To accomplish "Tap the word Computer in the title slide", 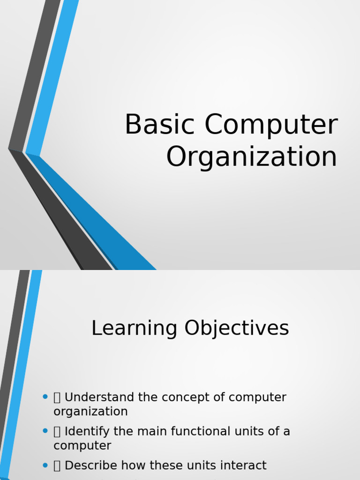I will coord(270,125).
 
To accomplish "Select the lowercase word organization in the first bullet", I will coord(90,412).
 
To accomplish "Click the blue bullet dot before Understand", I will coord(45,397).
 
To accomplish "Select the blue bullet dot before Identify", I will coord(45,431).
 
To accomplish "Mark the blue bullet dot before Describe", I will coord(45,465).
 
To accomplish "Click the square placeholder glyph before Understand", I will coord(57,397).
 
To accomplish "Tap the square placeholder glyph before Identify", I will coord(57,432).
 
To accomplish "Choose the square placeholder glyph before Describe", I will coord(57,466).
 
